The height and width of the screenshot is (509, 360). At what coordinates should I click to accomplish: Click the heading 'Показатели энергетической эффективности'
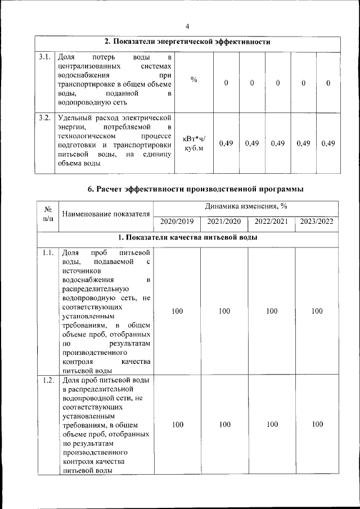(x=188, y=42)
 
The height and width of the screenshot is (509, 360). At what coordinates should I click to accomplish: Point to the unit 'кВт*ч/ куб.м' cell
(x=194, y=143)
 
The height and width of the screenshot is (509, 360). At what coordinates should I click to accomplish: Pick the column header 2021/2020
(x=224, y=221)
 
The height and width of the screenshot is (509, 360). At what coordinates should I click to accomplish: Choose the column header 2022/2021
(x=272, y=221)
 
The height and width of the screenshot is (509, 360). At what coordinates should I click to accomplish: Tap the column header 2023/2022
(x=317, y=221)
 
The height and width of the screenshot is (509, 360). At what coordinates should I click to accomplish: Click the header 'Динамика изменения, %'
(x=247, y=206)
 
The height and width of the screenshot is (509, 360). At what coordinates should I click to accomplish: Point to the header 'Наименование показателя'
(x=106, y=214)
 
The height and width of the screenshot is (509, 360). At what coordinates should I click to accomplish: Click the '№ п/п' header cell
(x=48, y=214)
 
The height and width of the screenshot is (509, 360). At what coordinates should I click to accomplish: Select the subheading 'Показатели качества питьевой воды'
(x=188, y=238)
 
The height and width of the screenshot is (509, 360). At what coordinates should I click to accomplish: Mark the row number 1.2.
(x=48, y=380)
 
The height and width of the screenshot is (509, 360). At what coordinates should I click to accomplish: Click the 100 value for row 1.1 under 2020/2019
(x=177, y=310)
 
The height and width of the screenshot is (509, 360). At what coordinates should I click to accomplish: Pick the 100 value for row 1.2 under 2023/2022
(x=317, y=424)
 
